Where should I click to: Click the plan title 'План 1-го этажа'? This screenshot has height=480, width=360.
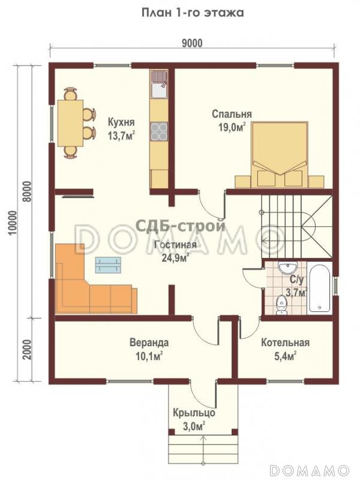tap(193, 13)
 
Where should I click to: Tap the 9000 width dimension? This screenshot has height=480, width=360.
tap(192, 43)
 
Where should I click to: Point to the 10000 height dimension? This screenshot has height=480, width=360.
tap(12, 223)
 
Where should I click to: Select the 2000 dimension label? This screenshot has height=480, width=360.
tap(27, 349)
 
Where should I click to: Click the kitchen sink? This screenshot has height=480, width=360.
tap(159, 84)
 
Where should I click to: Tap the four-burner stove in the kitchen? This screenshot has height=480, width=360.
tap(159, 131)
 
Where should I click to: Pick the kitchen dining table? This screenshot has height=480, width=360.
tap(70, 123)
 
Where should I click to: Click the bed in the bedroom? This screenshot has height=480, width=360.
tap(280, 154)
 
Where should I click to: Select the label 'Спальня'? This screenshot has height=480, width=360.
tap(232, 114)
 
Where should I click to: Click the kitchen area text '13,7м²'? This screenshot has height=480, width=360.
tap(121, 135)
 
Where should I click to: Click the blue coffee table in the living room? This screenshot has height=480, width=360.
tap(108, 265)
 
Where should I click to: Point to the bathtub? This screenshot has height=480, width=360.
tap(319, 288)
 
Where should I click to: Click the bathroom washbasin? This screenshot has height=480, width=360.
tap(287, 267)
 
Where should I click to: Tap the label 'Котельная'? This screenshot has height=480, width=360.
tap(285, 343)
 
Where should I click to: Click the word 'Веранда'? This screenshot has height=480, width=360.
tap(149, 342)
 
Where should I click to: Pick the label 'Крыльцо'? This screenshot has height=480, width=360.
tap(194, 413)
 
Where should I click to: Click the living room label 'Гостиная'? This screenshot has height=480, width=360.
tap(175, 245)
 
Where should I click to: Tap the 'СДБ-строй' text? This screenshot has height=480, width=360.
tap(181, 226)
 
